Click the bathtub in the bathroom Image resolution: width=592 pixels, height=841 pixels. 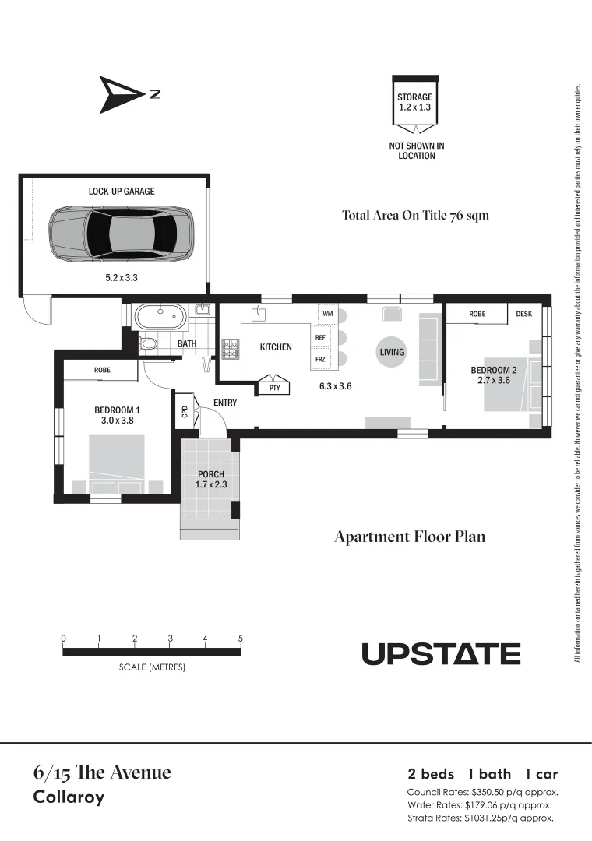(161, 317)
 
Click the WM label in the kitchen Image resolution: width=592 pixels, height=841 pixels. (327, 314)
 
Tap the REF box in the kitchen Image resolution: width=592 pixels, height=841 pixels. (320, 338)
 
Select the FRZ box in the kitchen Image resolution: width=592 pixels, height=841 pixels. (320, 360)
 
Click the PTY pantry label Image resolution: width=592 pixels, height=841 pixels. (274, 387)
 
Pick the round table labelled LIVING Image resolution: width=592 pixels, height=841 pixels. (392, 352)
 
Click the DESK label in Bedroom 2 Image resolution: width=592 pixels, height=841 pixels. (524, 314)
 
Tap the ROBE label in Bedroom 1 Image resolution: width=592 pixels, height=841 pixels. (102, 370)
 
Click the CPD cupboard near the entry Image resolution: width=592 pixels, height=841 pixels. (184, 411)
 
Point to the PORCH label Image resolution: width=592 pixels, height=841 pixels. (210, 474)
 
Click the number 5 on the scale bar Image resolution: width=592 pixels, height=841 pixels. (241, 639)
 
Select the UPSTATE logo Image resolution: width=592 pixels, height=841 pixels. (441, 654)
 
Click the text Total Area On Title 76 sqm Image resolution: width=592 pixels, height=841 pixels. (415, 215)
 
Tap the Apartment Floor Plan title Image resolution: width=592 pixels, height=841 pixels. (410, 537)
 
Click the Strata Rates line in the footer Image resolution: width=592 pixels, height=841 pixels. (481, 818)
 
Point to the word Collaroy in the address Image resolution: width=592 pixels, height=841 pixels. (69, 797)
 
